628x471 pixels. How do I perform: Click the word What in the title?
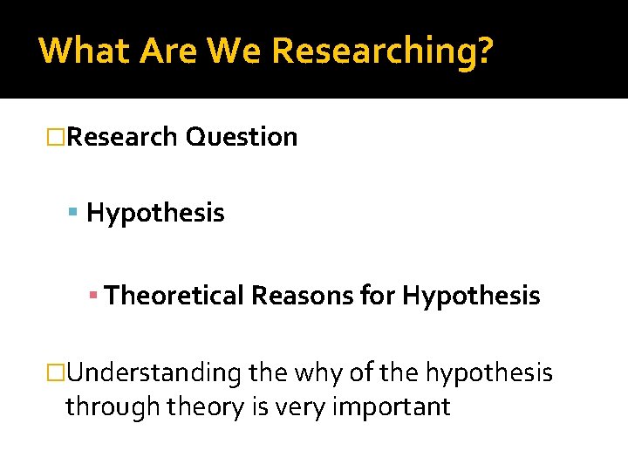click(81, 51)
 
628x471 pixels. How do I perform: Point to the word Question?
click(242, 137)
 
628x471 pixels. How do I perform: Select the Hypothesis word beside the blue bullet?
click(155, 213)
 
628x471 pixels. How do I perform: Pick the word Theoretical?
click(174, 297)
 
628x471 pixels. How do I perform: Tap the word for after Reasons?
click(377, 297)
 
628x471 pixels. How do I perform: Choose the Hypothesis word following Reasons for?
click(471, 297)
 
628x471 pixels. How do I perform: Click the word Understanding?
click(154, 373)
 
